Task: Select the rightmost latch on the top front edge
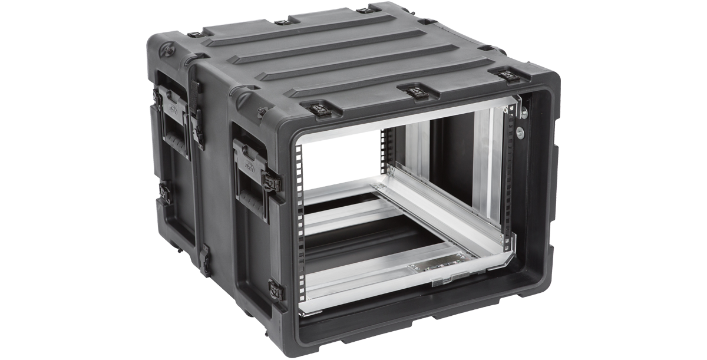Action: [x=508, y=75]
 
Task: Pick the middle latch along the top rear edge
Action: [x=282, y=22]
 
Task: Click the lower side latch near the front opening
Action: [x=276, y=289]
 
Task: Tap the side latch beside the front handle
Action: [x=272, y=183]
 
